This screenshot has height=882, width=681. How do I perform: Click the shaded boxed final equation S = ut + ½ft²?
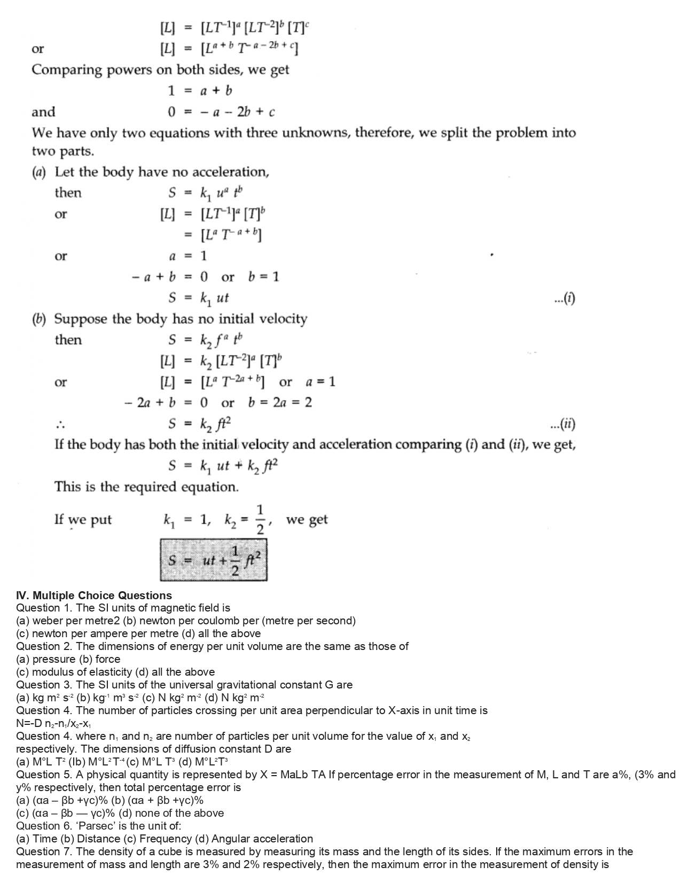213,560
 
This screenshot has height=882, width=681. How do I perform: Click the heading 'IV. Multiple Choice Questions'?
94,595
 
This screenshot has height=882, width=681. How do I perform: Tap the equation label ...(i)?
565,298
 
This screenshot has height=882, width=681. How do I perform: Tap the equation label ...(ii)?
563,424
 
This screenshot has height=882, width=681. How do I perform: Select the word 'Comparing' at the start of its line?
65,70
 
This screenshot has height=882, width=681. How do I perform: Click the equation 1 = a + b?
200,91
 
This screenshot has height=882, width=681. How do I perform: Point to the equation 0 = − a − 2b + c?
222,112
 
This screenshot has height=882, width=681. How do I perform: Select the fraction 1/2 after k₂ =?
260,519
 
